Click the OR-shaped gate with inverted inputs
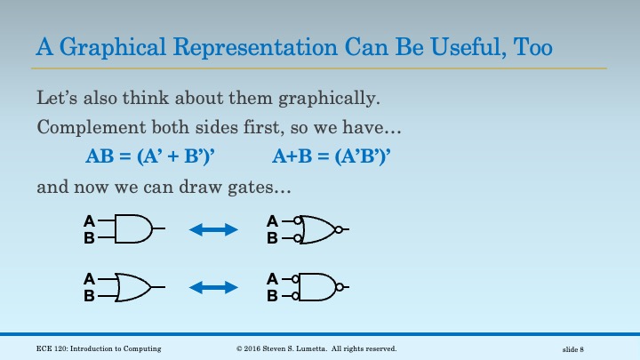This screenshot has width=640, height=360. click(x=318, y=229)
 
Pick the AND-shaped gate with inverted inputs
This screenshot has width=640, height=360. click(x=316, y=287)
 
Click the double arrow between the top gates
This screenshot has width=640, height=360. click(x=214, y=229)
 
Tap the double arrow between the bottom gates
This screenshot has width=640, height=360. click(x=214, y=287)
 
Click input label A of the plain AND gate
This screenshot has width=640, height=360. click(x=89, y=220)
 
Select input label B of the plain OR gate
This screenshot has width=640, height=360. click(x=89, y=296)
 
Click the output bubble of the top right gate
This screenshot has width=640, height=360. click(x=338, y=229)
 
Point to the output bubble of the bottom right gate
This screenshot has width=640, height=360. click(x=338, y=287)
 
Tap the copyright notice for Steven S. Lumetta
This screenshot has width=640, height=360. click(x=316, y=348)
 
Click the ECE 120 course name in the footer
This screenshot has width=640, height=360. click(x=99, y=348)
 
